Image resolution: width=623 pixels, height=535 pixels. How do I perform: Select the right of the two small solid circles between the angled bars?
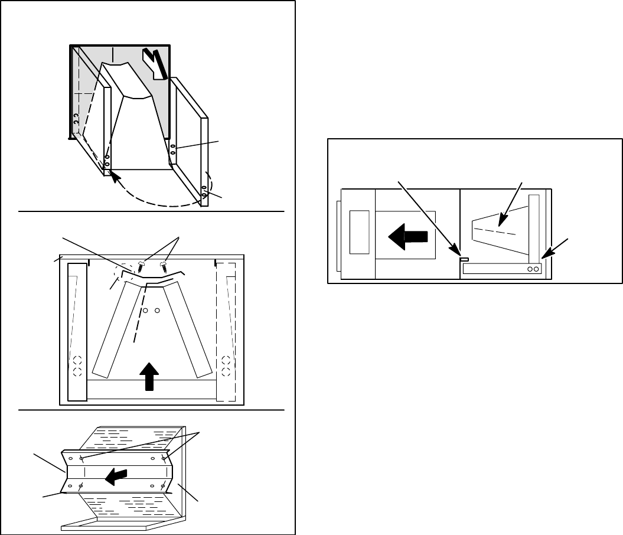pos(157,310)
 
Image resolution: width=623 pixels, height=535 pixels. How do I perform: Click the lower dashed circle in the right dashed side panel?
pos(226,371)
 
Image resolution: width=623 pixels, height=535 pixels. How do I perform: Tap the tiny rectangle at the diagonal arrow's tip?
pos(464,259)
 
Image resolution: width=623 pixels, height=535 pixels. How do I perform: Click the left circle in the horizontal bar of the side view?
pos(530,269)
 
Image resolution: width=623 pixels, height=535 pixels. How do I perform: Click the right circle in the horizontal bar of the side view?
pos(536,269)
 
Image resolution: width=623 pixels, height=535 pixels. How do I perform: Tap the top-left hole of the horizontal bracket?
pos(71,458)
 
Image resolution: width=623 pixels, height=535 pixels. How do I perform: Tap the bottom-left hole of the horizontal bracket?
pos(71,485)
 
